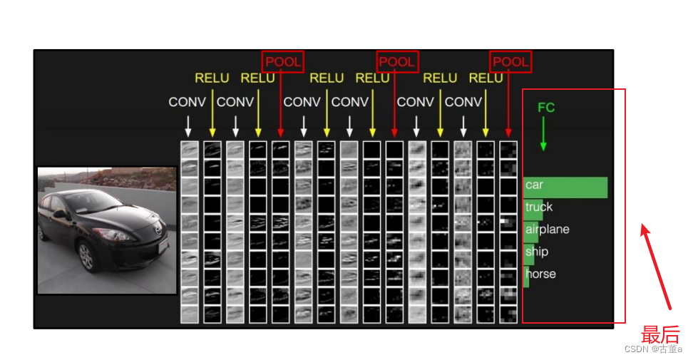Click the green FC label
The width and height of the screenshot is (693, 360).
pyautogui.click(x=546, y=108)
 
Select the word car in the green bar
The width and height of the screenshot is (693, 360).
pyautogui.click(x=534, y=185)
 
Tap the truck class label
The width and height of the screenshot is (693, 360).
pyautogui.click(x=539, y=207)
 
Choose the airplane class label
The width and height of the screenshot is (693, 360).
pyautogui.click(x=548, y=230)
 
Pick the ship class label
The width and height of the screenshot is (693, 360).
pyautogui.click(x=537, y=252)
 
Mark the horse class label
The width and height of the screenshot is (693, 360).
pyautogui.click(x=540, y=274)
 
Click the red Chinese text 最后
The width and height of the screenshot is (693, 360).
pyautogui.click(x=660, y=334)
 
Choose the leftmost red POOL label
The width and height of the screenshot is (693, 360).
pyautogui.click(x=283, y=62)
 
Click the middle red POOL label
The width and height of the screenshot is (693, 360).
pyautogui.click(x=397, y=62)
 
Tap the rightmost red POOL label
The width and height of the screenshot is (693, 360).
pyautogui.click(x=510, y=62)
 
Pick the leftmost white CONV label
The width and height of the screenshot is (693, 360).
pyautogui.click(x=187, y=102)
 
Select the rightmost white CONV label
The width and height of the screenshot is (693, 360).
pyautogui.click(x=463, y=102)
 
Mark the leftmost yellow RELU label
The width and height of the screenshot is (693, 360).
pyautogui.click(x=212, y=78)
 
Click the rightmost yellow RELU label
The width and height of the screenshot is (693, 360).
pyautogui.click(x=486, y=78)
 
